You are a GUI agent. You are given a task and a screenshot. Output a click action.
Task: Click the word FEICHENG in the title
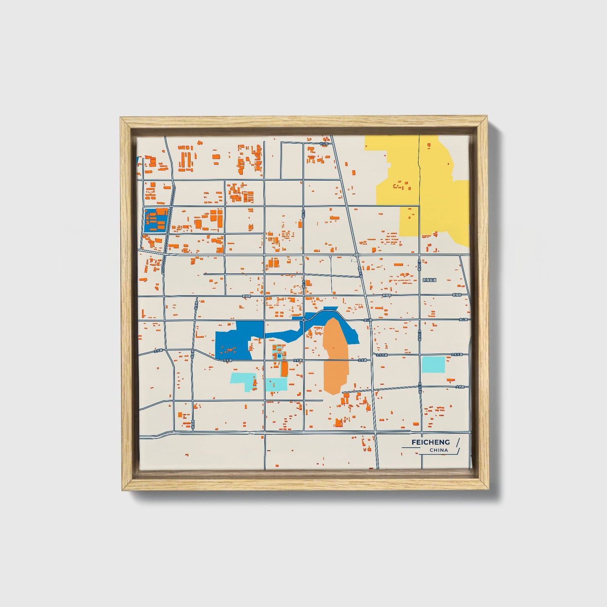tap(430, 442)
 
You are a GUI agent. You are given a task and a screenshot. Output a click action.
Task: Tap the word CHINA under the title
tap(439, 450)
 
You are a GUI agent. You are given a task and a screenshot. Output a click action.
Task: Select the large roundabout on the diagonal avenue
tap(356, 255)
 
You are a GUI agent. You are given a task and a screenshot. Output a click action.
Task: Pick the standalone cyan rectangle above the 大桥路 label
tap(433, 364)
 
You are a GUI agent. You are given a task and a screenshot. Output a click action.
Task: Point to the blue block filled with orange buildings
tap(156, 221)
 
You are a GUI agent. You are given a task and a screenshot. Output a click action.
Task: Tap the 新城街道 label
tap(429, 280)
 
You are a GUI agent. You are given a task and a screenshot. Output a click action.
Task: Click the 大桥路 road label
tap(460, 386)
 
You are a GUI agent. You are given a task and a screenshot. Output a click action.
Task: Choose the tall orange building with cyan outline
tap(284, 369)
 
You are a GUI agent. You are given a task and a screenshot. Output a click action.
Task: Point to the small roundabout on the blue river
tap(303, 320)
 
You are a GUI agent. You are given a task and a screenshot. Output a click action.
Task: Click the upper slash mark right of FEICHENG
tap(457, 442)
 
